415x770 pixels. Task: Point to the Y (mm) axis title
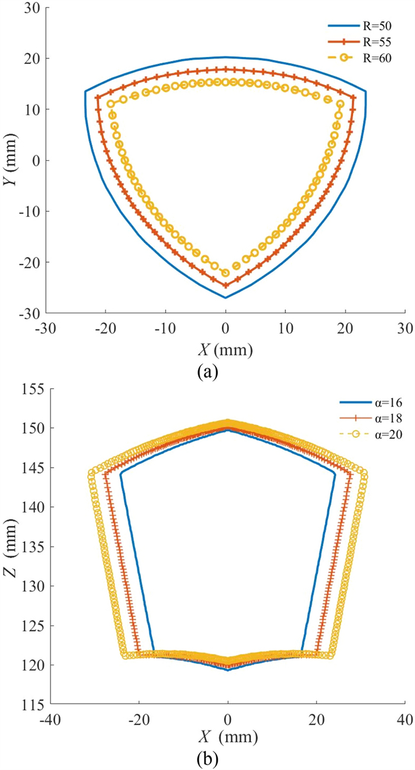10,160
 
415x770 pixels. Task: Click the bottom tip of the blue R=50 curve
225,298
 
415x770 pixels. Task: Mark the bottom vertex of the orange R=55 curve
225,285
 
